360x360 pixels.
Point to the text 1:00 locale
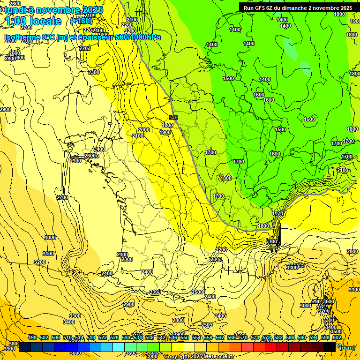pos(33,22)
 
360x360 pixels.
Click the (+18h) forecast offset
pos(82,21)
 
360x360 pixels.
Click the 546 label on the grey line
pos(173,118)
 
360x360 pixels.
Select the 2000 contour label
pos(144,130)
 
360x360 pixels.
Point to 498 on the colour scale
pos(32,337)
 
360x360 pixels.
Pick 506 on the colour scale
pos(56,337)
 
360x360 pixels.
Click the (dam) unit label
pos(347,347)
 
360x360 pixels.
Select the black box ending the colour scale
pos(330,347)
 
